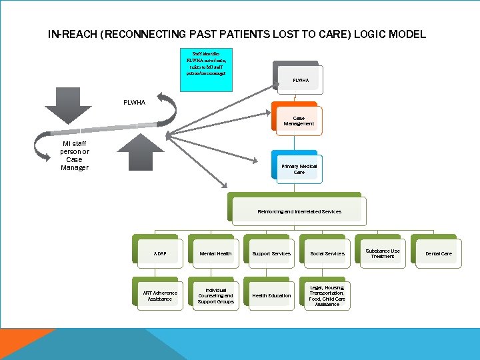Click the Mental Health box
pos(215,253)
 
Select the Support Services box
pos(271,253)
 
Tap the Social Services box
pos(327,253)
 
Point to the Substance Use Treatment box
pos(382,253)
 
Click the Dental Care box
pos(438,253)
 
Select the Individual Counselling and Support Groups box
pos(215,295)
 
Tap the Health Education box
pos(271,295)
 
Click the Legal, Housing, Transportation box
pos(327,295)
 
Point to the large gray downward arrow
pos(67,106)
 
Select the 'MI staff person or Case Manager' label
pos(75,155)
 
